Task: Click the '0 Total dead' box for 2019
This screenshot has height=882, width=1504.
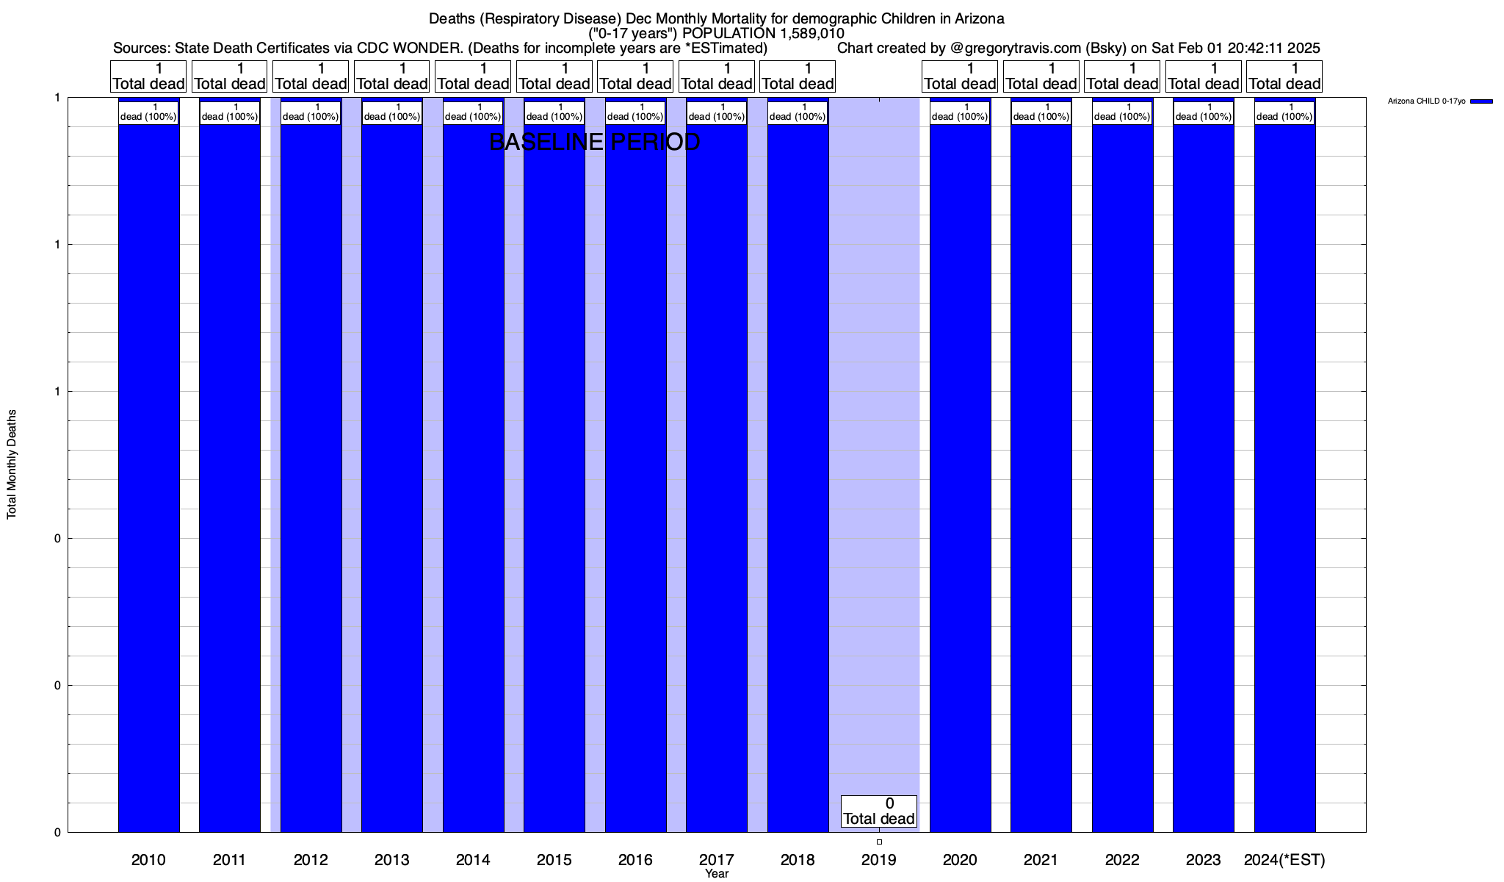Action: coord(878,811)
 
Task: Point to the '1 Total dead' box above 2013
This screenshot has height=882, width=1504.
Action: coord(391,76)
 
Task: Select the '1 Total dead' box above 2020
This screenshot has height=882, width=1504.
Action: coord(959,76)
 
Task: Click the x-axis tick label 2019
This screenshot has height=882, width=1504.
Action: coord(878,860)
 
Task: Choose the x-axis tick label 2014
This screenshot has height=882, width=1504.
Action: coord(473,860)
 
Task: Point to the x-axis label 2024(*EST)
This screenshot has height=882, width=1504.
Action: coord(1284,860)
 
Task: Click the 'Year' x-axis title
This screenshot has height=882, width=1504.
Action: coord(717,874)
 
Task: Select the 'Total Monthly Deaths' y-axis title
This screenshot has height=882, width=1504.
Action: coord(12,465)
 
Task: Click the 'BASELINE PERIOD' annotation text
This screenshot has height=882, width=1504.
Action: coord(594,142)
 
